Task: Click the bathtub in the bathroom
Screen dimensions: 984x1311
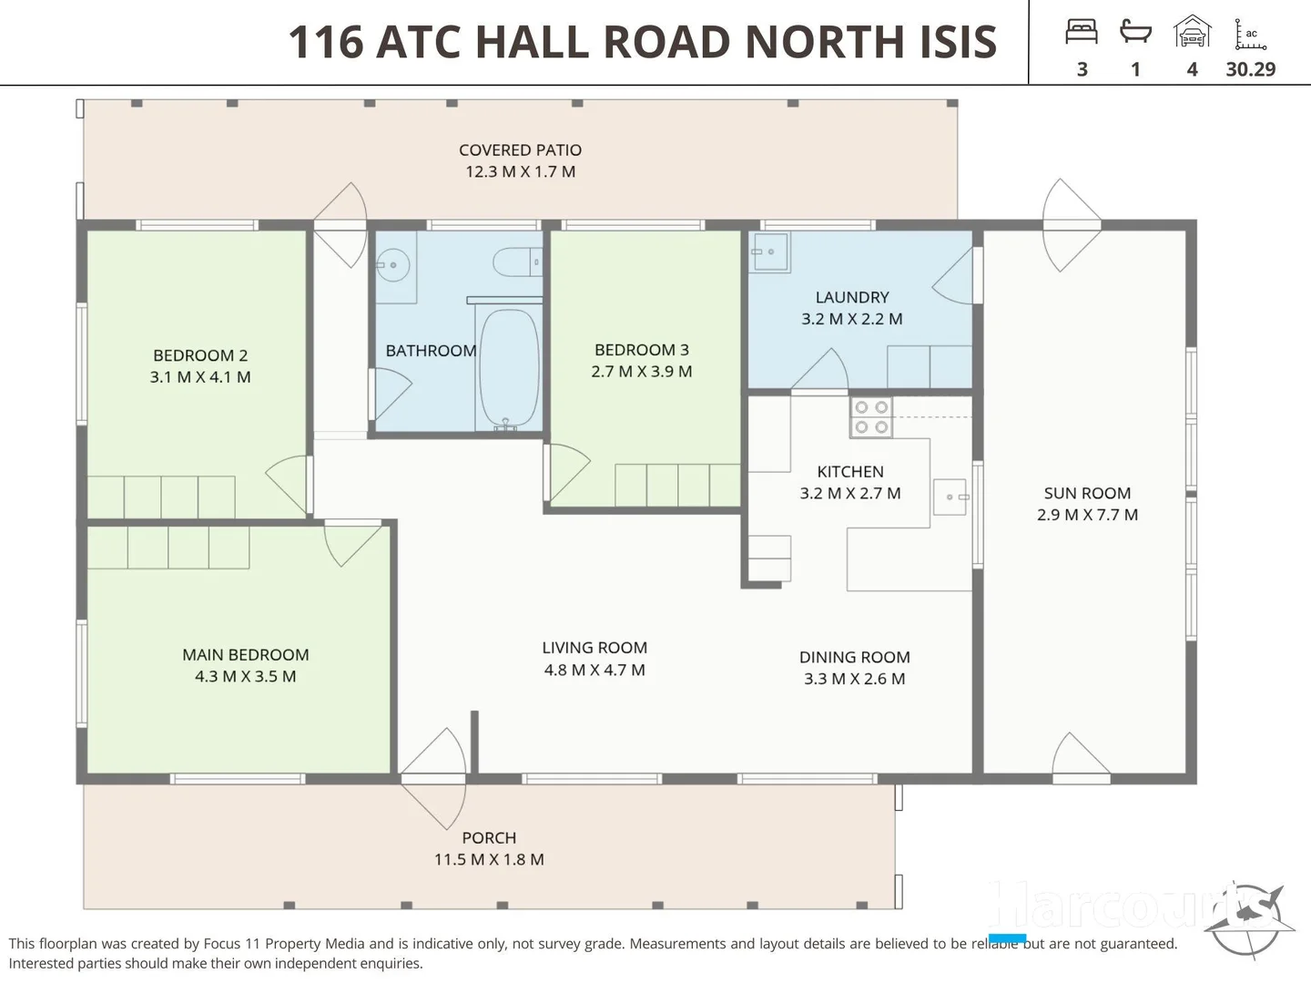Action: point(509,368)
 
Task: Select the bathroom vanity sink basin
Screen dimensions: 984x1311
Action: point(394,267)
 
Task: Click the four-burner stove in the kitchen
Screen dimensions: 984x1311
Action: point(871,418)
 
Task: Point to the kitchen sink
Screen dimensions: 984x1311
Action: point(950,497)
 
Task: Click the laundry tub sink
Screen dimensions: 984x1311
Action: point(769,252)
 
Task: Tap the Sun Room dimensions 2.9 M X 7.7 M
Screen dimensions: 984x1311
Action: point(1087,515)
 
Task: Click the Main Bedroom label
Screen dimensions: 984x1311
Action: point(245,655)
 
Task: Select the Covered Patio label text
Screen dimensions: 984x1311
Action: point(520,150)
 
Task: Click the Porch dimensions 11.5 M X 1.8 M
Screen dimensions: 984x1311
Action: point(489,859)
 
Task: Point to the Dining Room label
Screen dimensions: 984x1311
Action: point(854,657)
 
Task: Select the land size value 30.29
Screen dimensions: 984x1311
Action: point(1250,69)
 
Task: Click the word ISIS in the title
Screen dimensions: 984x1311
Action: point(947,42)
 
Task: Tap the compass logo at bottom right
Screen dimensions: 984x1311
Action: point(1248,920)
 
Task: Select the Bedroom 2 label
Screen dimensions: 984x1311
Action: point(200,355)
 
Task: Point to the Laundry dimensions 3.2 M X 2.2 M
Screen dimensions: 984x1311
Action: point(851,319)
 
